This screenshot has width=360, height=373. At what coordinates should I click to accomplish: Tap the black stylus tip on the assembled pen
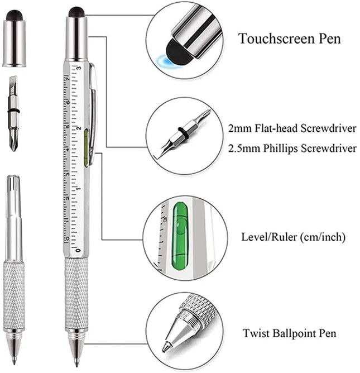click(76, 12)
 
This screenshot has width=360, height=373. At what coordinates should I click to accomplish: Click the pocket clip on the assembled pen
click(93, 112)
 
